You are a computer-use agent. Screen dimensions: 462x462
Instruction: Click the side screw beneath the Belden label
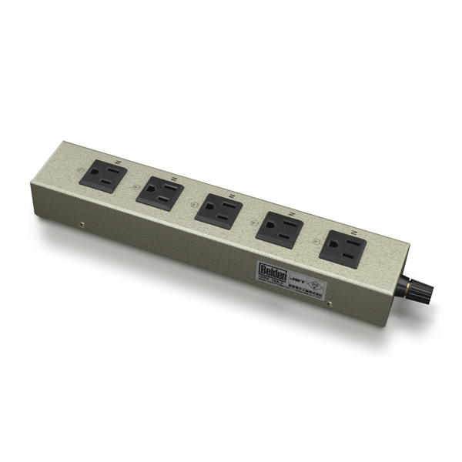coord(330,304)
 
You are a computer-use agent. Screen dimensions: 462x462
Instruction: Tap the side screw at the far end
coord(82,226)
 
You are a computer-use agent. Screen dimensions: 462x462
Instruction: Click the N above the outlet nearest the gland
coord(353,231)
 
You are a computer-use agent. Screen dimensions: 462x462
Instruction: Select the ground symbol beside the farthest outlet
coord(79,171)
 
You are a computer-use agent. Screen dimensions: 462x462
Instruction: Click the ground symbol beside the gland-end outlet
coord(316,241)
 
